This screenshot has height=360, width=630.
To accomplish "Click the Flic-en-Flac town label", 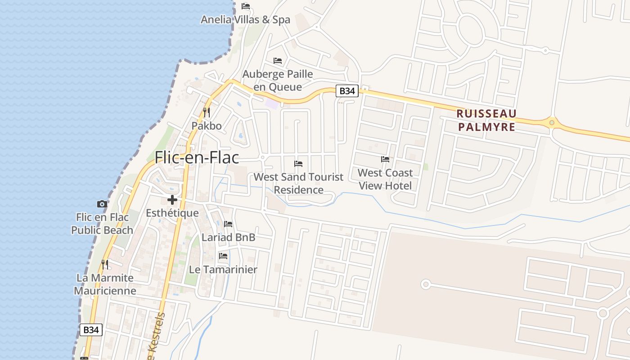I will [x=197, y=157].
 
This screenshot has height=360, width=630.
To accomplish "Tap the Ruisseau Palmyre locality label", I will [x=487, y=120].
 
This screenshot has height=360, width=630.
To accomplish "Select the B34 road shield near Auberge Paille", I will [x=347, y=91].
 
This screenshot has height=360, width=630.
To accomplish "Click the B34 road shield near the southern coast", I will [x=91, y=330].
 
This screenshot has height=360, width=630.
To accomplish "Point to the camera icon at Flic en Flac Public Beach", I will [x=102, y=204].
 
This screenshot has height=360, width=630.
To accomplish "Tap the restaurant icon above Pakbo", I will [x=207, y=112].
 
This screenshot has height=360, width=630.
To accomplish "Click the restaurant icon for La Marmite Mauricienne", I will [x=105, y=264].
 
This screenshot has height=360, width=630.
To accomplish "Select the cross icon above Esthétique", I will [x=172, y=200].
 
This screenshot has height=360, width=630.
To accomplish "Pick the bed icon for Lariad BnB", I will [x=228, y=224].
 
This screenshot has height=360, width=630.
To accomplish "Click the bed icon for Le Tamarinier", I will [x=223, y=256].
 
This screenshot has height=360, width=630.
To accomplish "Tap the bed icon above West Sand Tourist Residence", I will [x=298, y=163].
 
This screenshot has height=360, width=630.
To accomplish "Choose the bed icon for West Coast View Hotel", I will [x=385, y=159].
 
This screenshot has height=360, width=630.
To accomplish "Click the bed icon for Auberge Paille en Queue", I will [x=278, y=61].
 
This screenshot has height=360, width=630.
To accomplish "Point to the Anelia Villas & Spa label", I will [x=245, y=20].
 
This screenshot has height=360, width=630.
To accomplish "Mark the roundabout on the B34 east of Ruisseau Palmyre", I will [x=552, y=122].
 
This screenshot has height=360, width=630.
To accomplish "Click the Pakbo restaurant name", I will [x=207, y=126].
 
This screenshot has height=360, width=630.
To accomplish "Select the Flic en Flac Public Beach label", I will [x=102, y=224].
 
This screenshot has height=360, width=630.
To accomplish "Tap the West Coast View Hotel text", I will [x=385, y=179].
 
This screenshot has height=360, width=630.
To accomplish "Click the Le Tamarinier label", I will [x=223, y=270].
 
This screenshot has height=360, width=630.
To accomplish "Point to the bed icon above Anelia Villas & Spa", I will [x=246, y=6].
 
